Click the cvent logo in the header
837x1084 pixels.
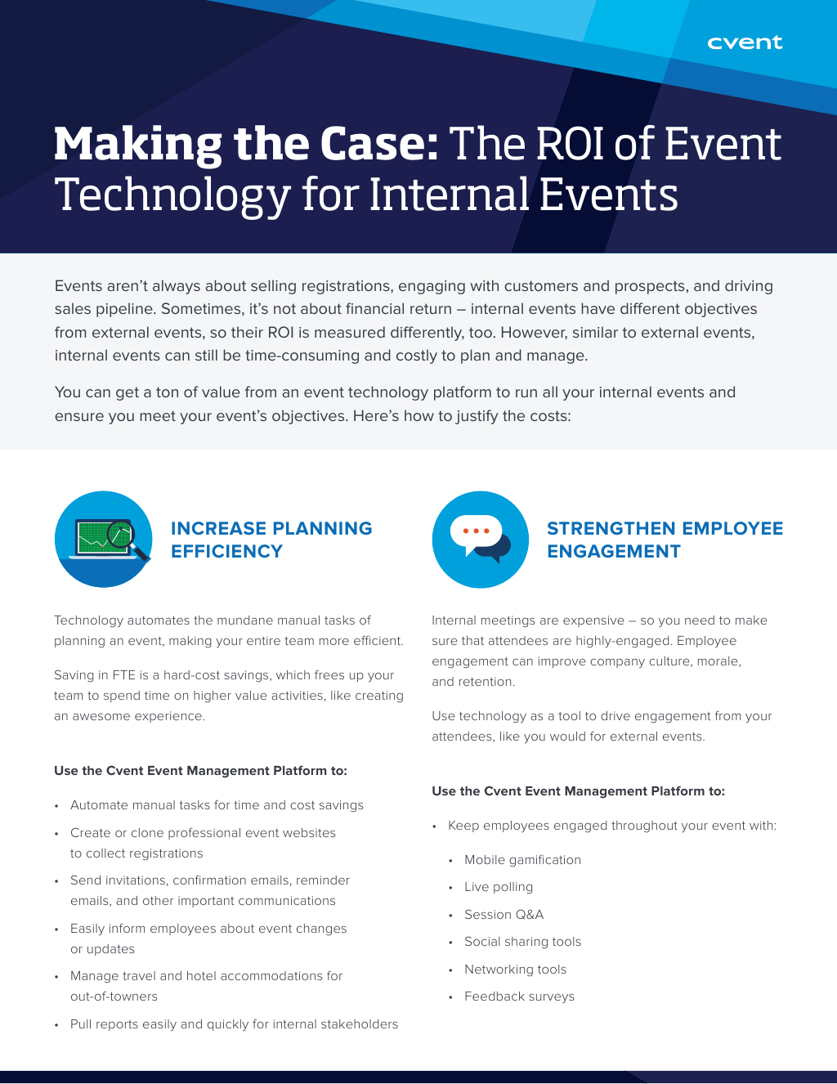coord(745,43)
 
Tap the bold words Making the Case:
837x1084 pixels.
coord(246,145)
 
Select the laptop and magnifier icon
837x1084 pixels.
coord(104,540)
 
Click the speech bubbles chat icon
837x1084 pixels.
coord(481,540)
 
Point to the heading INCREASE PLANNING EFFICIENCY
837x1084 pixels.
coord(271,540)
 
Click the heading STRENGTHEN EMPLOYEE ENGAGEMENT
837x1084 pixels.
coord(665,540)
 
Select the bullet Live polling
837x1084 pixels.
coord(498,887)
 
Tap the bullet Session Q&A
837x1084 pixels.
coord(504,914)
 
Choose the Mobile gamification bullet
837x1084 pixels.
coord(522,860)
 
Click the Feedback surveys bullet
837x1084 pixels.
coord(519,997)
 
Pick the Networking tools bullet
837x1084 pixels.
coord(515,970)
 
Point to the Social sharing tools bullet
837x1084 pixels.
coord(522,942)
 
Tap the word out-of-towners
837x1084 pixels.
coord(114,997)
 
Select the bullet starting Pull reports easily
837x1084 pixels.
coord(234,1024)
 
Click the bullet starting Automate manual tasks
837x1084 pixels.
coord(217,805)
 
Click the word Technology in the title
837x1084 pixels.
coord(172,196)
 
